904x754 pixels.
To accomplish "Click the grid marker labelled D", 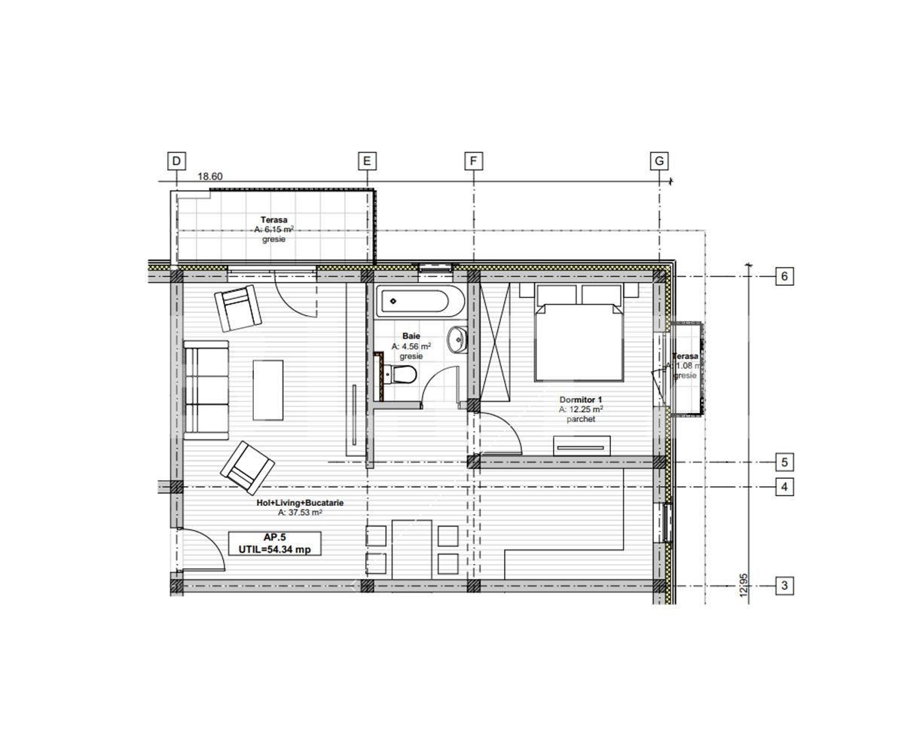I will pos(176,161).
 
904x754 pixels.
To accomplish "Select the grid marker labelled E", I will pos(367,161).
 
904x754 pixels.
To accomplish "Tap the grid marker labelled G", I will pos(659,161).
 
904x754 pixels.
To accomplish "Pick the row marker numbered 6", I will pos(784,277).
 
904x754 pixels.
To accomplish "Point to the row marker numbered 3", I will pos(784,585).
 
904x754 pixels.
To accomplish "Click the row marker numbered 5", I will pos(784,462).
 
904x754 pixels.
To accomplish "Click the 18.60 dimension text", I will pos(210,177).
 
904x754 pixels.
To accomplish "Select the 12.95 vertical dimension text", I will pos(744,587).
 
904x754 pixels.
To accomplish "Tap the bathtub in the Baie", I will pos(414,303).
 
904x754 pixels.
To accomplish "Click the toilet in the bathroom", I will pos(401,374).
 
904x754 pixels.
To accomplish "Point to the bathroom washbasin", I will pos(457,339).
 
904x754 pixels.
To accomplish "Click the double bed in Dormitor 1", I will pos(579,333).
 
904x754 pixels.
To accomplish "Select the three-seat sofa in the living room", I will pos(206,390).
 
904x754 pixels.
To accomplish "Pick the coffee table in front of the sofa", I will pos(268,391).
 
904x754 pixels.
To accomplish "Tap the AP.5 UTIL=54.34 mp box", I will pos(274,544).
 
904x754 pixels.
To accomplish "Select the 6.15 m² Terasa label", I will pos(273,229).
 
